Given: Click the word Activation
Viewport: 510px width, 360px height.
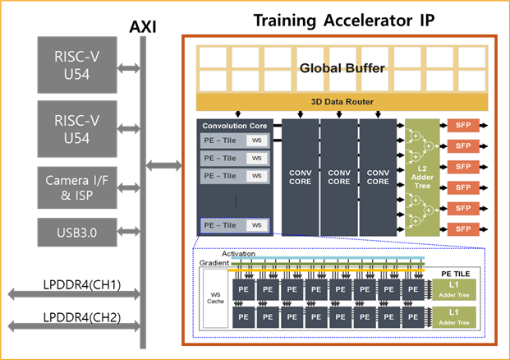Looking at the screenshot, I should tap(238, 254).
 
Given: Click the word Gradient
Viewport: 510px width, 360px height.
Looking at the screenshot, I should tap(214, 263).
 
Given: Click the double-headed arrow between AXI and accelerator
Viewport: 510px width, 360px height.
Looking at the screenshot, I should tap(164, 166).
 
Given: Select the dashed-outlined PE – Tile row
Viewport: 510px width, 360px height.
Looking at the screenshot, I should tap(234, 224).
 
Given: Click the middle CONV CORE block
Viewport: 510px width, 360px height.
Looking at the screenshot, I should tap(338, 178).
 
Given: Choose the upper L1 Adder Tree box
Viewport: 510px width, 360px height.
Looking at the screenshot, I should tap(455, 288).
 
